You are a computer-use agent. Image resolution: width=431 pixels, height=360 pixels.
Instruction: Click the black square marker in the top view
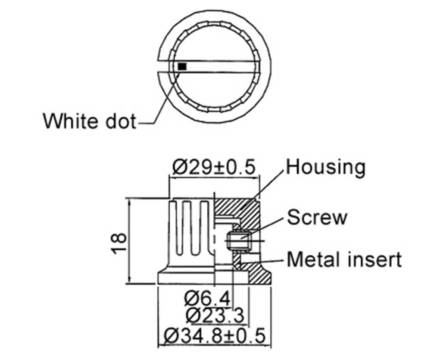point(182,66)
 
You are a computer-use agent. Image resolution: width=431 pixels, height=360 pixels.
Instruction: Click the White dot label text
point(89,121)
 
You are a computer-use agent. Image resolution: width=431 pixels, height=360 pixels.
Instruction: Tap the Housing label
point(326,166)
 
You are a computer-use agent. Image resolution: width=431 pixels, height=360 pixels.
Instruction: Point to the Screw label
point(317,217)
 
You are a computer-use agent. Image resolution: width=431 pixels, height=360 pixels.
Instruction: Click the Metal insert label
point(344,260)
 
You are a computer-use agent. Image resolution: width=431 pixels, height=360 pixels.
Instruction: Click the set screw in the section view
point(238,241)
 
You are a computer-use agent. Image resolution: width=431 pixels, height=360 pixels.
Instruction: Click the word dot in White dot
point(119,121)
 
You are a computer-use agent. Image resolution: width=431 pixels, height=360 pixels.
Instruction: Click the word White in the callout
point(71,121)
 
